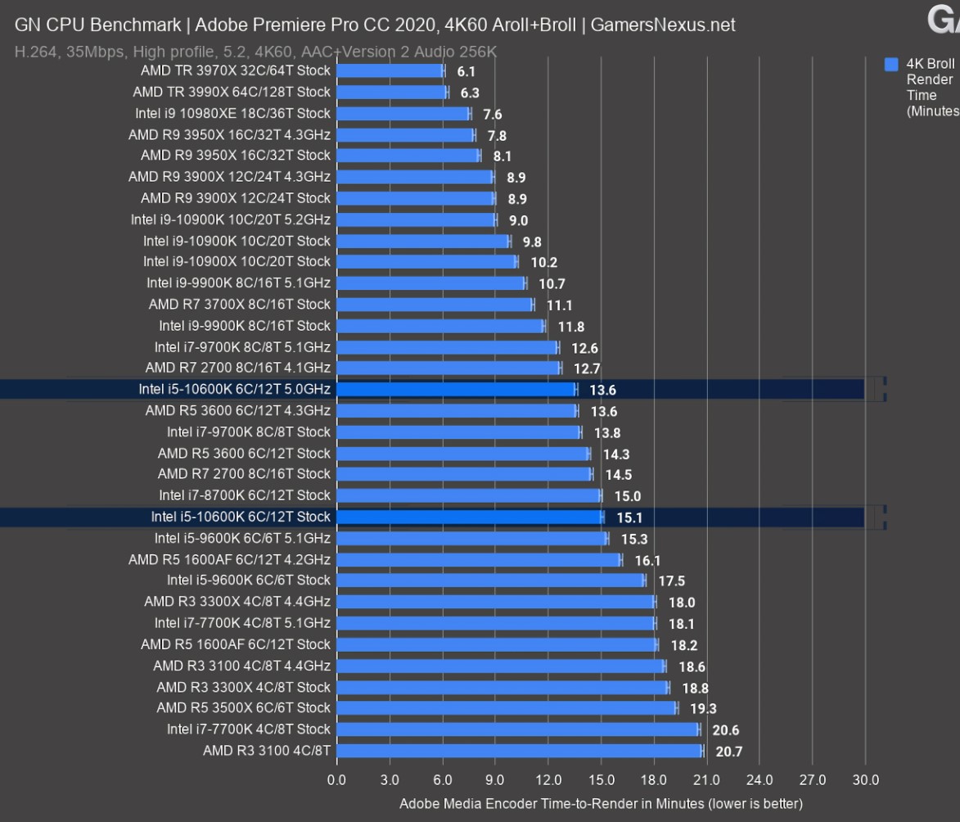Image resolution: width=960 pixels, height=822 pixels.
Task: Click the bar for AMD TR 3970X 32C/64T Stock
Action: click(x=390, y=71)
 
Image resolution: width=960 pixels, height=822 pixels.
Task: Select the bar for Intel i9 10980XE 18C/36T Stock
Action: click(x=403, y=114)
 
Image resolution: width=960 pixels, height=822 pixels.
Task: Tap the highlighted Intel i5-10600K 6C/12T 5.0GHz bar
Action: click(x=456, y=390)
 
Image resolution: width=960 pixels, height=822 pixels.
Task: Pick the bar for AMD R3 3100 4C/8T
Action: click(x=519, y=751)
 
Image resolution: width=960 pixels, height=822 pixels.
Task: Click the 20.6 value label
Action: click(x=726, y=730)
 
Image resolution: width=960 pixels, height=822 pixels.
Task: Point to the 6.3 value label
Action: click(x=470, y=93)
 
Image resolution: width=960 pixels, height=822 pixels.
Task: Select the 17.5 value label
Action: click(x=672, y=581)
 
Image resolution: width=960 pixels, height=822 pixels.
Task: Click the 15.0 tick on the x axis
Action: click(x=602, y=780)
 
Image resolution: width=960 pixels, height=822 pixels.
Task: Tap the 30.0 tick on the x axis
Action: click(x=865, y=780)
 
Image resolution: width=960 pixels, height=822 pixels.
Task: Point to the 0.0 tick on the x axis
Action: click(x=336, y=780)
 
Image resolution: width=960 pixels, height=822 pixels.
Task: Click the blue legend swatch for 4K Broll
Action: click(x=891, y=64)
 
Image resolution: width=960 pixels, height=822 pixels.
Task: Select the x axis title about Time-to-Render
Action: click(x=601, y=803)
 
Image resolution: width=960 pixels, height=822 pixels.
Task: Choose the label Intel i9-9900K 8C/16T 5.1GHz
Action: click(x=238, y=283)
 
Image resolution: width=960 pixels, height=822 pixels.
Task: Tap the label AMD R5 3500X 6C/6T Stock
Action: click(x=243, y=708)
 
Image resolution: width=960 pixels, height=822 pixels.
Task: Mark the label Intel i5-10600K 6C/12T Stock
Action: click(x=241, y=517)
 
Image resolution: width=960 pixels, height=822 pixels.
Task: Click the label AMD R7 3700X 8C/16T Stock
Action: click(x=240, y=305)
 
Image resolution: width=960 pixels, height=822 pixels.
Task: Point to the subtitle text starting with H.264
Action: click(x=255, y=52)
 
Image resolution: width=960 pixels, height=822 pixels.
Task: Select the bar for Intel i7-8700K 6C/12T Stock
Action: click(x=468, y=495)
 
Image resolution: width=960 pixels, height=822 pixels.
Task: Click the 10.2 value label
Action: click(x=544, y=263)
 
